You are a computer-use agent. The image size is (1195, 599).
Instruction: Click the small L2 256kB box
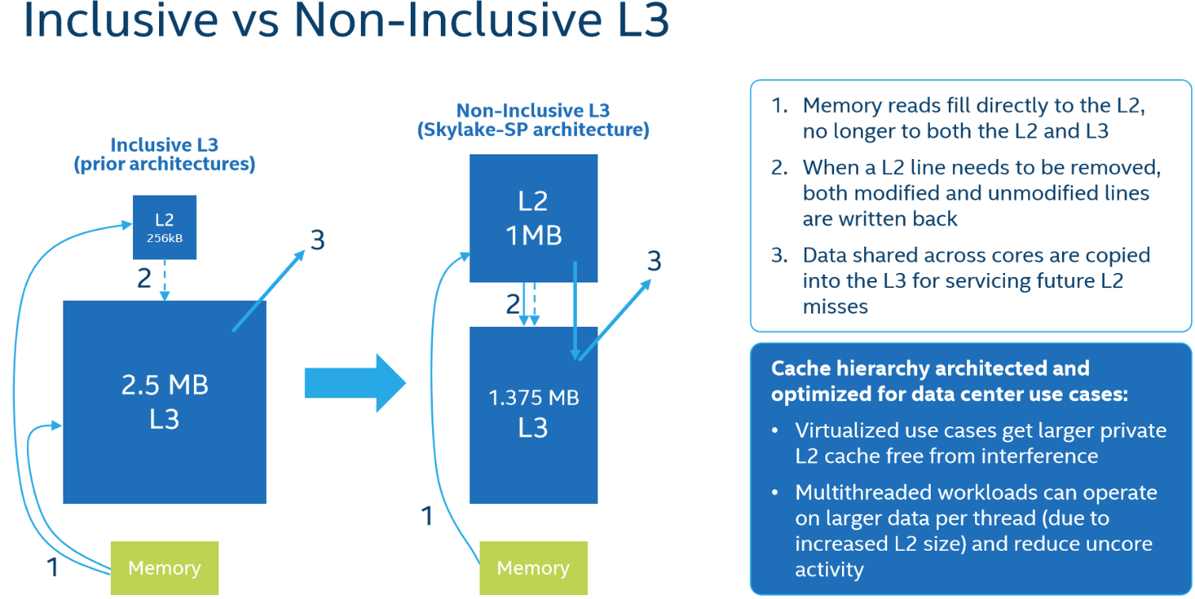pyautogui.click(x=165, y=227)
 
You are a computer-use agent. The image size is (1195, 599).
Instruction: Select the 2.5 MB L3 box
pyautogui.click(x=165, y=402)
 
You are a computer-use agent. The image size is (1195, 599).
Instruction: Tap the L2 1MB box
pyautogui.click(x=533, y=218)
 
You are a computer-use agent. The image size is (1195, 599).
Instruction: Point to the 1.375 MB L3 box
pyautogui.click(x=533, y=415)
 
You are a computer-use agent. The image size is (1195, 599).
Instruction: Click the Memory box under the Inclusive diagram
pyautogui.click(x=165, y=568)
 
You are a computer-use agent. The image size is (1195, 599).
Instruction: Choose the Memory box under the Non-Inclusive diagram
pyautogui.click(x=533, y=568)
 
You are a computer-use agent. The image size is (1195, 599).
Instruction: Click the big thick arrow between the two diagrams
pyautogui.click(x=355, y=383)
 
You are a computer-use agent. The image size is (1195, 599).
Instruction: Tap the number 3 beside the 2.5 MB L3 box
pyautogui.click(x=318, y=240)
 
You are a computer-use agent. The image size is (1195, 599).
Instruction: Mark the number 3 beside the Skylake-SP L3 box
pyautogui.click(x=654, y=261)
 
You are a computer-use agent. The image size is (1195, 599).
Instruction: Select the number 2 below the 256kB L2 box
pyautogui.click(x=144, y=278)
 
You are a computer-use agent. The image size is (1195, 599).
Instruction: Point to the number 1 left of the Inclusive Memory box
pyautogui.click(x=52, y=567)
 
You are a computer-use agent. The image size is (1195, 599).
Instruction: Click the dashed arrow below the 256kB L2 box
pyautogui.click(x=165, y=280)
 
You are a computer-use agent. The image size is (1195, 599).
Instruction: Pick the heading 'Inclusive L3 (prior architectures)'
pyautogui.click(x=165, y=154)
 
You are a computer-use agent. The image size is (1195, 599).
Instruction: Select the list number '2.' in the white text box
pyautogui.click(x=780, y=168)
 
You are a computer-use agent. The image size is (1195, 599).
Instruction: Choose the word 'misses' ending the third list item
pyautogui.click(x=836, y=307)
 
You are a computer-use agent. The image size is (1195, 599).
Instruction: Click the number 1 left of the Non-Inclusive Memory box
pyautogui.click(x=427, y=516)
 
